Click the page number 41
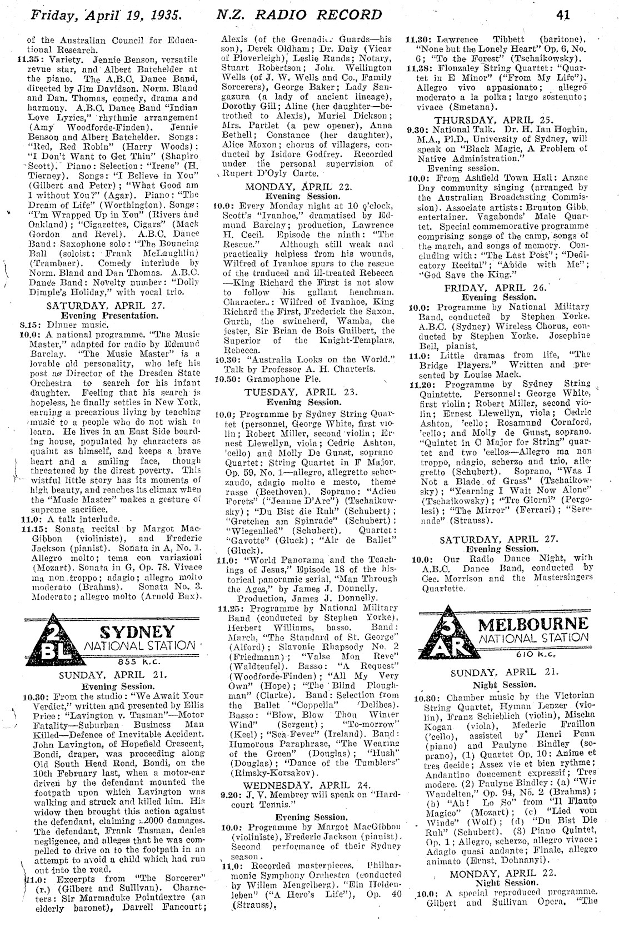click(563, 16)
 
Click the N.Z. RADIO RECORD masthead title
click(299, 15)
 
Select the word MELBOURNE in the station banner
click(533, 622)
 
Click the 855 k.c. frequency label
click(138, 661)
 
